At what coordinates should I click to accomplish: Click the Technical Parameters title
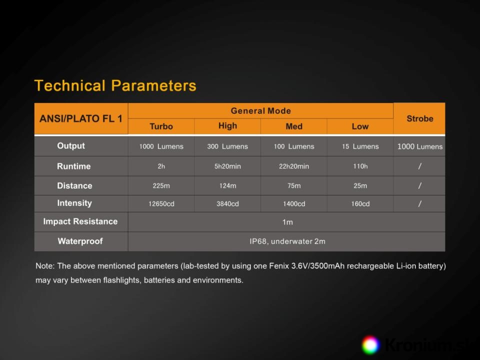click(115, 85)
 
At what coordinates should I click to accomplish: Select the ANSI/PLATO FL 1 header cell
click(81, 118)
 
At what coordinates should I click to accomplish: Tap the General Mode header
click(260, 111)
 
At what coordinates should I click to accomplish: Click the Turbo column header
click(161, 126)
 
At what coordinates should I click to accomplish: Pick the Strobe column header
click(419, 118)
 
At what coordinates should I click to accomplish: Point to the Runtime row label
click(74, 166)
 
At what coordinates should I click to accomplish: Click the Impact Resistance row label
click(80, 221)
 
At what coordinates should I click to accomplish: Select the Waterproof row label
click(80, 241)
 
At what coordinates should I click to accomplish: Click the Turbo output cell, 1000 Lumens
click(161, 146)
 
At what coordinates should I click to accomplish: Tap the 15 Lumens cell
click(360, 146)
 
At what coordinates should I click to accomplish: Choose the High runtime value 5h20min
click(227, 166)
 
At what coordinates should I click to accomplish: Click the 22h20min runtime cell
click(294, 166)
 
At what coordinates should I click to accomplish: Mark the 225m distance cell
click(161, 185)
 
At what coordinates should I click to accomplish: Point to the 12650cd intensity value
click(161, 203)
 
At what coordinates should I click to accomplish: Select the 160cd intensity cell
click(360, 203)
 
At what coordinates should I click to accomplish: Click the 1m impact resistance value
click(287, 222)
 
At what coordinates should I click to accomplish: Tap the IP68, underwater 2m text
click(287, 241)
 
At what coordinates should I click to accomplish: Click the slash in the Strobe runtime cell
click(419, 166)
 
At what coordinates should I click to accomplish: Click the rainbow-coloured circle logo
click(370, 345)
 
